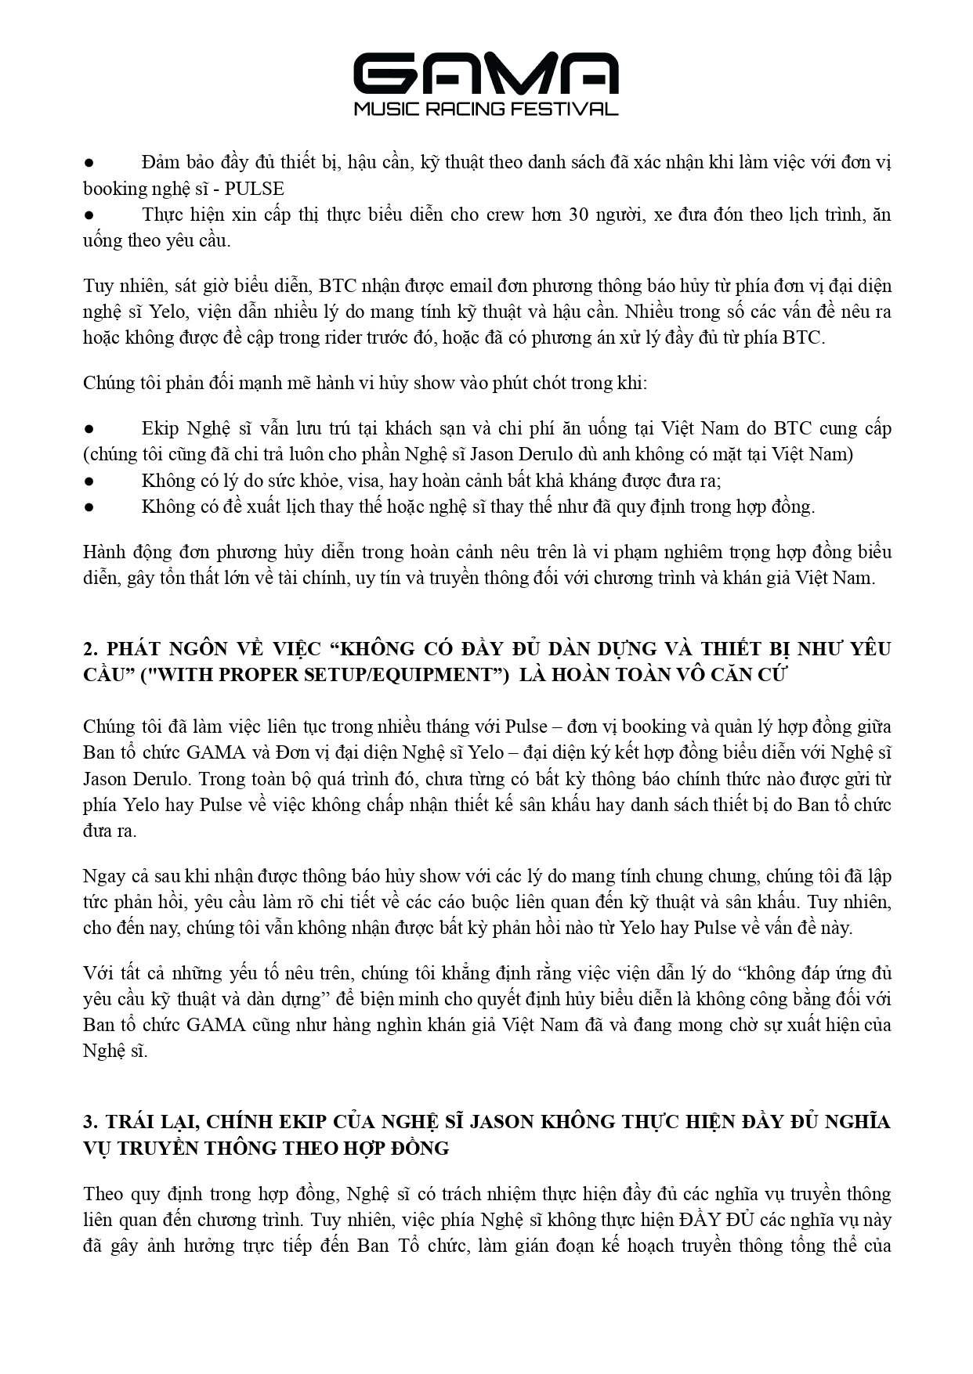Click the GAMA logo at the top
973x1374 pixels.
(x=486, y=74)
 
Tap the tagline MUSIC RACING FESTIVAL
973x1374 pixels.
(x=486, y=109)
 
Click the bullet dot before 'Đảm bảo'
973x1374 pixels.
(x=89, y=163)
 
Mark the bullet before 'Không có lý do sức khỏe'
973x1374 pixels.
(x=89, y=481)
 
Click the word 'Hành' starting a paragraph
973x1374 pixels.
(x=103, y=552)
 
